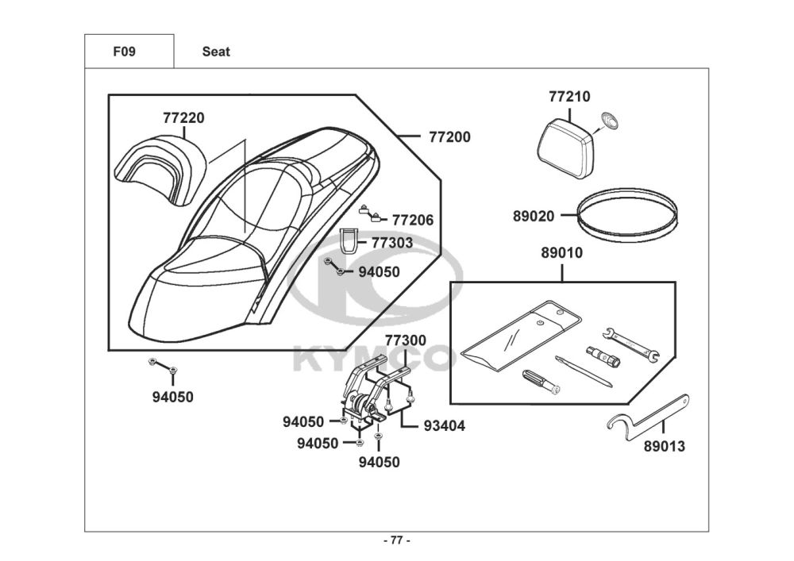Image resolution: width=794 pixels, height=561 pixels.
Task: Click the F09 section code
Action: click(125, 52)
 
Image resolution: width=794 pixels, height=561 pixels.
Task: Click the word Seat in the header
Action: click(216, 52)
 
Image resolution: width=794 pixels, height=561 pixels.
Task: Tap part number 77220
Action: click(183, 118)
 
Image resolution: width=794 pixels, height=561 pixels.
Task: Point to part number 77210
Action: click(569, 97)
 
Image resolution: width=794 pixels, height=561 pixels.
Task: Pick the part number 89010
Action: click(562, 255)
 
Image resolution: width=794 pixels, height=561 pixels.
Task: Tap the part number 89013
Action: click(664, 447)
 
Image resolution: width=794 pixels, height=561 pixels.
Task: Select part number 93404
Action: click(444, 426)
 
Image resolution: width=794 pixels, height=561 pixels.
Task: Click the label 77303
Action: click(391, 243)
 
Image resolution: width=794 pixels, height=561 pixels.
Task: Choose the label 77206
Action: click(413, 220)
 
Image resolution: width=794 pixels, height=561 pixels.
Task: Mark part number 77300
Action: click(405, 340)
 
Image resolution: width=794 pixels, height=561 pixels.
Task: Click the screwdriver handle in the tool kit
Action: click(534, 380)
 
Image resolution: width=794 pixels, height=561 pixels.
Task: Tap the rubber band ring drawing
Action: click(627, 214)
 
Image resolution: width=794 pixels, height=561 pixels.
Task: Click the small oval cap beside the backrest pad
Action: click(610, 121)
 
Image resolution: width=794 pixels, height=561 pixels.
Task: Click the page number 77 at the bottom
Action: click(397, 541)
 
